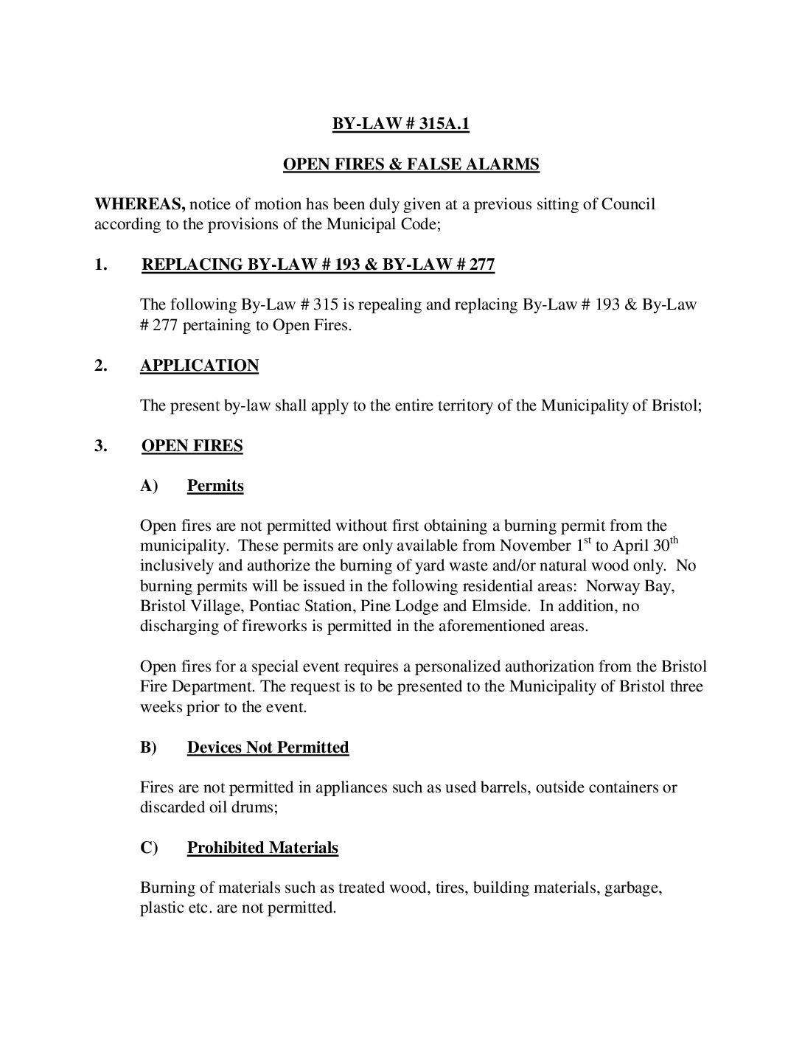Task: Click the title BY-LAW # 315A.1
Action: coord(400,124)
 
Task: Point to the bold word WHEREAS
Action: coord(139,204)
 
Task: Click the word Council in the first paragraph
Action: coord(628,204)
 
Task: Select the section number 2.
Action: coord(101,366)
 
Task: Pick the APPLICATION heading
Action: coord(199,366)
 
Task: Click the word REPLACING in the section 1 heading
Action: coord(191,265)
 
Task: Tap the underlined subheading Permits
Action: coord(215,486)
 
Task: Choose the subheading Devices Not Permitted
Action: coord(268,748)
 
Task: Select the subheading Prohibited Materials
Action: coord(262,848)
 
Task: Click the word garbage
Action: coord(632,888)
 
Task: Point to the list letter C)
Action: coord(149,848)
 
